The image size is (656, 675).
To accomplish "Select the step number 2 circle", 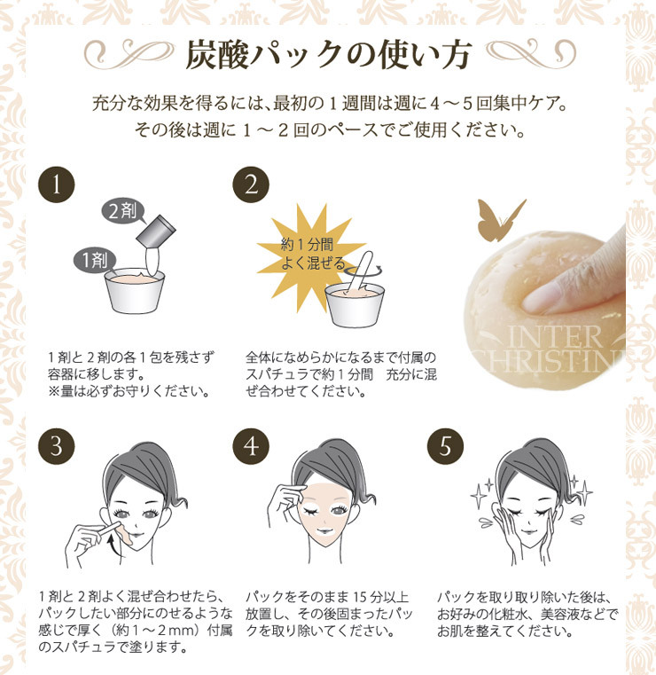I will pyautogui.click(x=250, y=184).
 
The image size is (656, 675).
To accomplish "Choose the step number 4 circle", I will pyautogui.click(x=250, y=446).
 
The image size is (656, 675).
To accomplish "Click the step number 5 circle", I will pyautogui.click(x=445, y=446).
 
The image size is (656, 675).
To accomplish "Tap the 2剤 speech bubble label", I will pyautogui.click(x=122, y=212).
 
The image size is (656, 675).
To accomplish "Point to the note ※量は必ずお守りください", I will pyautogui.click(x=129, y=391).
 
